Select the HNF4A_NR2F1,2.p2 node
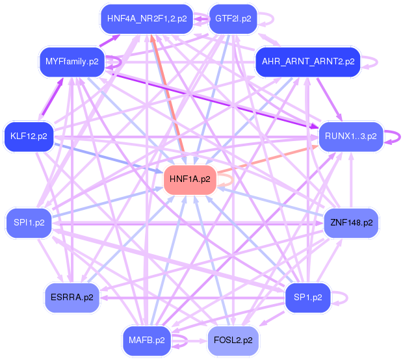(x=146, y=18)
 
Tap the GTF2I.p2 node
(x=233, y=18)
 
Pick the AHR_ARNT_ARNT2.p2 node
(x=307, y=62)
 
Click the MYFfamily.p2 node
(x=71, y=62)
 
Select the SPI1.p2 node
(x=29, y=222)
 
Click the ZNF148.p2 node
(x=351, y=222)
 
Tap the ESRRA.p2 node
(x=71, y=297)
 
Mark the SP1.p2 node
(x=307, y=297)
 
